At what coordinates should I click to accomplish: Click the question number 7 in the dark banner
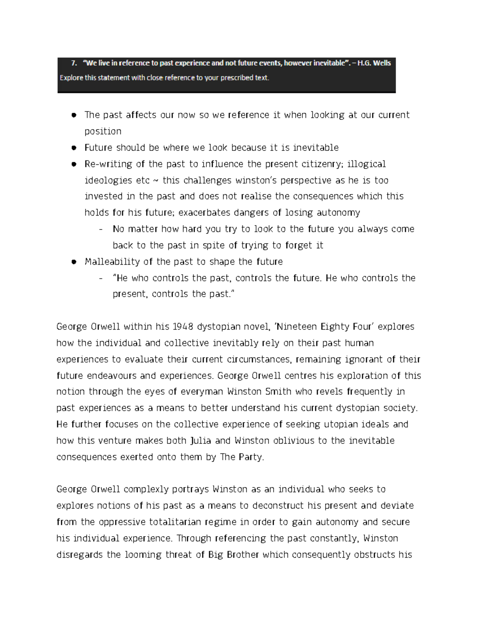(x=73, y=63)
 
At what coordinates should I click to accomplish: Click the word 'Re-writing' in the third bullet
(x=103, y=164)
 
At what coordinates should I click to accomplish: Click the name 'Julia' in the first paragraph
(x=200, y=441)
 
